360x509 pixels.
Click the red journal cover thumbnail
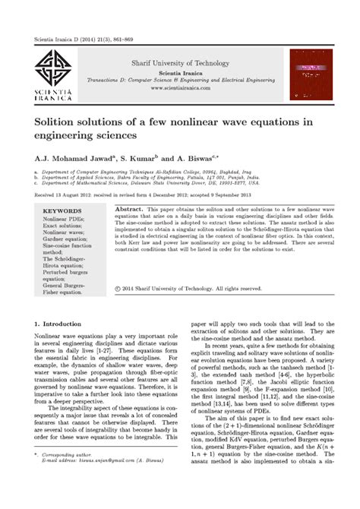pyautogui.click(x=308, y=74)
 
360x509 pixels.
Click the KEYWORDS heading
pyautogui.click(x=62, y=210)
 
